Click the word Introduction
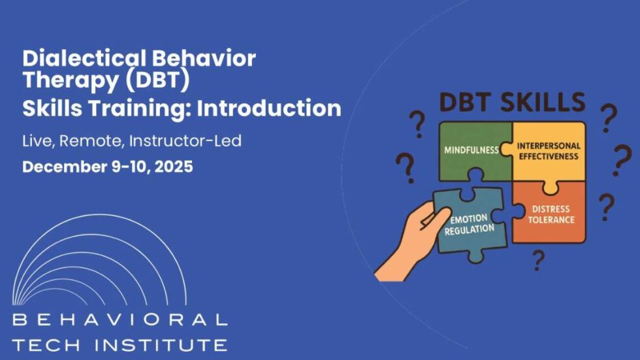(269, 108)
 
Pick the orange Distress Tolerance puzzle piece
(552, 212)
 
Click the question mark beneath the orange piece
(538, 260)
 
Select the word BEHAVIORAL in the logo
(120, 320)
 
